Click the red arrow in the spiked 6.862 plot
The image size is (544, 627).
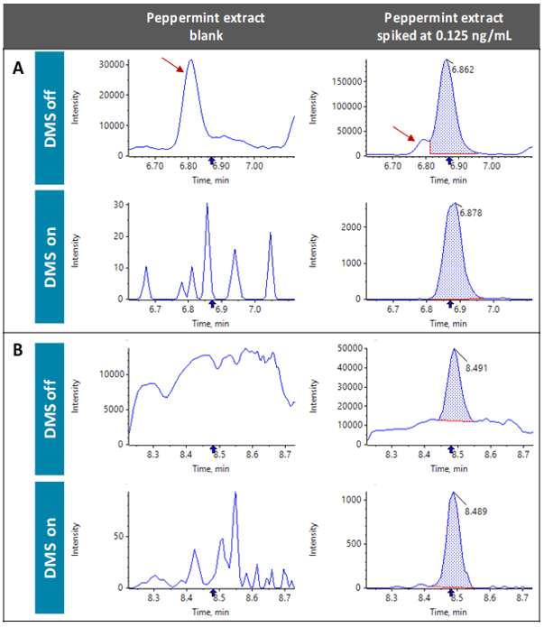pyautogui.click(x=405, y=134)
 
